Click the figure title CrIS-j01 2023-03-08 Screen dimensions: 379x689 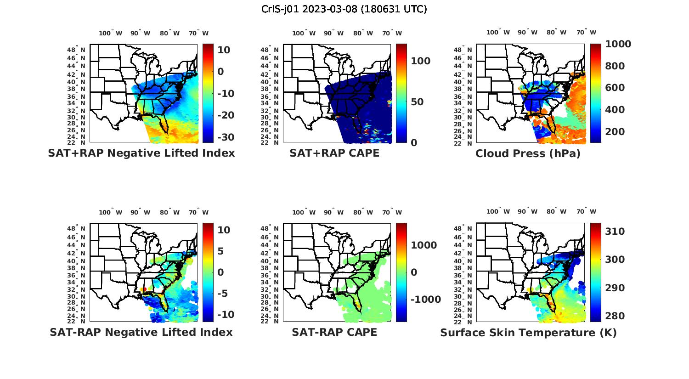pyautogui.click(x=344, y=9)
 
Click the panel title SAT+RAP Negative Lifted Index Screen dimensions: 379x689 pyautogui.click(x=141, y=153)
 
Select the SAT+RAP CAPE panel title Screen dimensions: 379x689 pyautogui.click(x=334, y=153)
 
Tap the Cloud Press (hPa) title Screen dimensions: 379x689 pyautogui.click(x=528, y=153)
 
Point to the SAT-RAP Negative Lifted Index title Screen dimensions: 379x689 pyautogui.click(x=141, y=332)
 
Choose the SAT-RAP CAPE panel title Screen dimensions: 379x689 pyautogui.click(x=334, y=332)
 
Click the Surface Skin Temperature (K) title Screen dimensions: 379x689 pyautogui.click(x=528, y=333)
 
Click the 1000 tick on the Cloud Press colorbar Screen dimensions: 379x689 pyautogui.click(x=618, y=44)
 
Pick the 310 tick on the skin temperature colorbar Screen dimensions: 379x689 pyautogui.click(x=615, y=232)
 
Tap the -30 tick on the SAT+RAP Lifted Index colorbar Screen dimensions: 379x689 pyautogui.click(x=225, y=137)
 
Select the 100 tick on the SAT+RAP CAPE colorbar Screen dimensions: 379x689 pyautogui.click(x=420, y=61)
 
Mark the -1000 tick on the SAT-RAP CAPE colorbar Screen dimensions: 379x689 pyautogui.click(x=425, y=300)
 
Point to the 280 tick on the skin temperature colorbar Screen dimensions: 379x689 pyautogui.click(x=615, y=316)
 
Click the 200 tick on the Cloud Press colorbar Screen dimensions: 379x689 pyautogui.click(x=615, y=132)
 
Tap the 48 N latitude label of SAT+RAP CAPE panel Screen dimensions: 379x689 pyautogui.click(x=269, y=50)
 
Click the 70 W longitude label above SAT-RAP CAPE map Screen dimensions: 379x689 pyautogui.click(x=392, y=212)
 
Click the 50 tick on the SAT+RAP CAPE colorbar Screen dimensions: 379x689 pyautogui.click(x=417, y=102)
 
